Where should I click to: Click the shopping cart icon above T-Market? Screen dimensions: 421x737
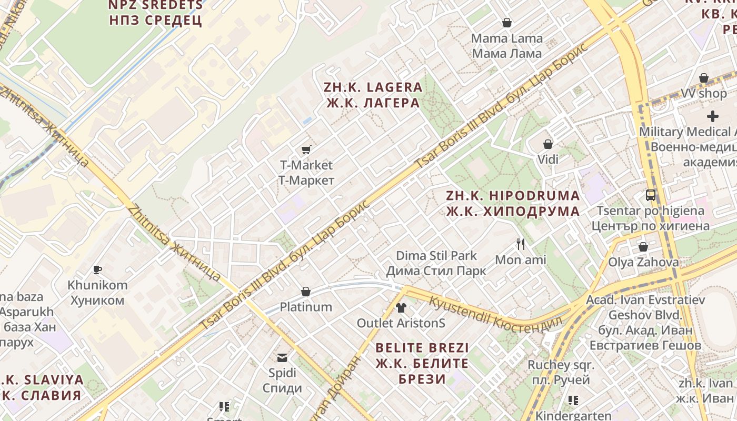tap(306, 150)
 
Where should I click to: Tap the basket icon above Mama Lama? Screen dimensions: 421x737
tap(507, 23)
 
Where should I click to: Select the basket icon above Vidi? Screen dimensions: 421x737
tap(548, 144)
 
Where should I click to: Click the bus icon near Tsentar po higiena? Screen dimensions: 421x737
tap(651, 195)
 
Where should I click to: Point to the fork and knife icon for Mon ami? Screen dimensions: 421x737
tap(521, 244)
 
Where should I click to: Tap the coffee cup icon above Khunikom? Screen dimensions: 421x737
tap(97, 270)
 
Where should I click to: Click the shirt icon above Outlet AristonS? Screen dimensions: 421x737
tap(401, 307)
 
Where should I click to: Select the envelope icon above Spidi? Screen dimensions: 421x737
tap(283, 358)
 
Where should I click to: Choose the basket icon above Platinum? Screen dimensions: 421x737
tap(306, 292)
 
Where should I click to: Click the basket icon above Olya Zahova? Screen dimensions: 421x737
tap(643, 247)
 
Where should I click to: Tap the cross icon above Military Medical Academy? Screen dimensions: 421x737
tap(713, 116)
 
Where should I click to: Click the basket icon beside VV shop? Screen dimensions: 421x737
tap(704, 78)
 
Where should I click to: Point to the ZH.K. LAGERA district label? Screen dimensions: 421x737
tap(373, 95)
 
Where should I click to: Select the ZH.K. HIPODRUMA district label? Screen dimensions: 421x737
tap(513, 203)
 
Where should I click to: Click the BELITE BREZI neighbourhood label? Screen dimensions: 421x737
tap(422, 363)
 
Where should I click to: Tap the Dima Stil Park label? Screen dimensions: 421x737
tap(436, 263)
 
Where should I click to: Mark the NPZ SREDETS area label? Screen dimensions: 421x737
tap(155, 13)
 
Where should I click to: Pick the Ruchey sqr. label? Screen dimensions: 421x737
tap(561, 372)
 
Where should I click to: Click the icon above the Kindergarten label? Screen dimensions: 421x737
tap(573, 400)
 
